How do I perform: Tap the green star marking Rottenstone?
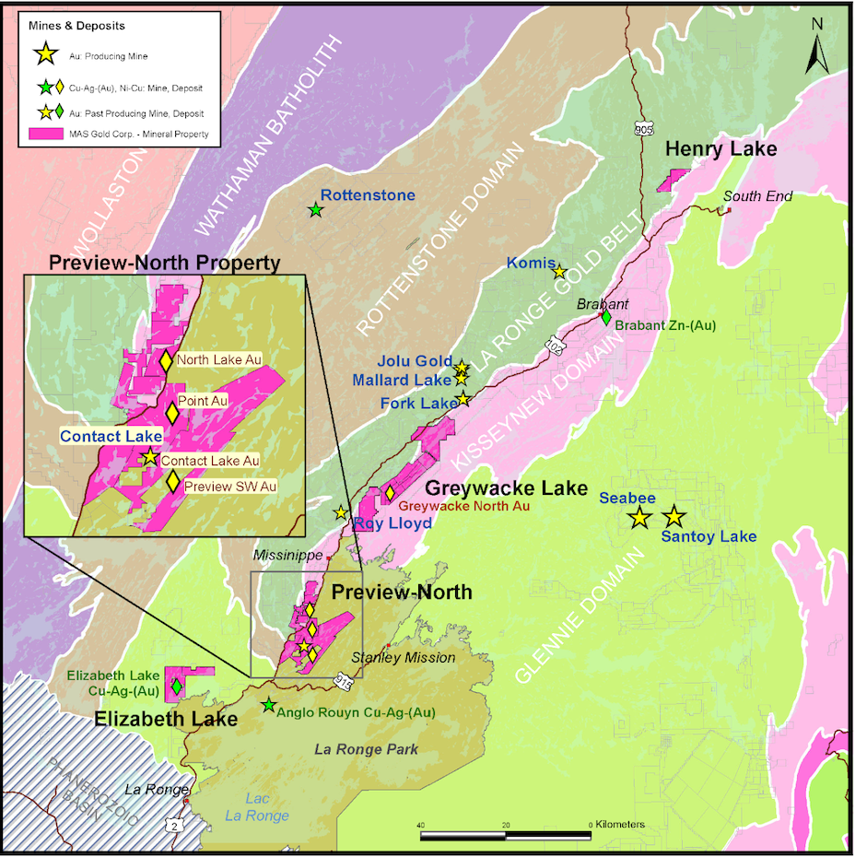[x=316, y=210]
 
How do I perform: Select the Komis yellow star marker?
[x=558, y=271]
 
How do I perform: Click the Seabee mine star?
[x=638, y=518]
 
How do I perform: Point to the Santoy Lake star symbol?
[x=674, y=517]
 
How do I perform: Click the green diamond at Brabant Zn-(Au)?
[x=605, y=317]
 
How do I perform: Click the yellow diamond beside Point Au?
[x=171, y=413]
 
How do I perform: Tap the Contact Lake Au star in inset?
[x=149, y=457]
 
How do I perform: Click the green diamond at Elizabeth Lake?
[x=176, y=687]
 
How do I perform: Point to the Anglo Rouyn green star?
[x=268, y=705]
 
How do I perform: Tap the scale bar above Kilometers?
[x=505, y=836]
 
